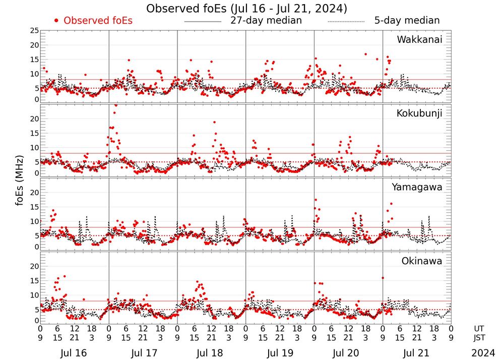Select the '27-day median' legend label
pos(266,21)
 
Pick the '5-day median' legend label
pos(407,21)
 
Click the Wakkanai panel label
pos(419,39)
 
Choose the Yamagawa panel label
pos(417,187)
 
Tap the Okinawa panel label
pos(422,261)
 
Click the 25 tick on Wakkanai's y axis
pos(34,31)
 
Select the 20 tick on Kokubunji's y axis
pos(34,119)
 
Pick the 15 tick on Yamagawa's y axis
pos(34,207)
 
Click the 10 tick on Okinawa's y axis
pos(34,295)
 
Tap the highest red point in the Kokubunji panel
pos(116,105)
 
